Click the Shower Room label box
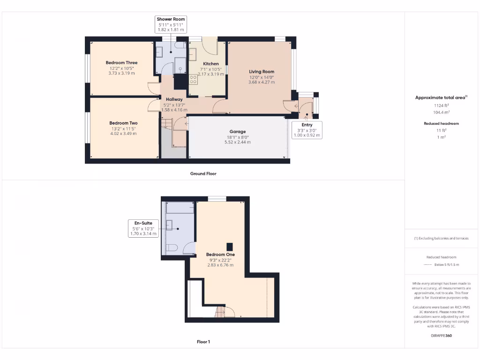(x=170, y=24)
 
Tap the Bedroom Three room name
(x=121, y=63)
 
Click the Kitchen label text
(x=210, y=64)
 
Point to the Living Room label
(x=262, y=72)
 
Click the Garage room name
(x=237, y=132)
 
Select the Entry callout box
(x=307, y=130)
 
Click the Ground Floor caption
(x=203, y=173)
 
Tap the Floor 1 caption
(x=203, y=342)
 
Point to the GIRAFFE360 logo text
(x=441, y=336)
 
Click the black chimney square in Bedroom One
(x=230, y=247)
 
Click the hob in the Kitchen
(x=193, y=80)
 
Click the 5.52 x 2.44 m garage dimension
(x=237, y=142)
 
